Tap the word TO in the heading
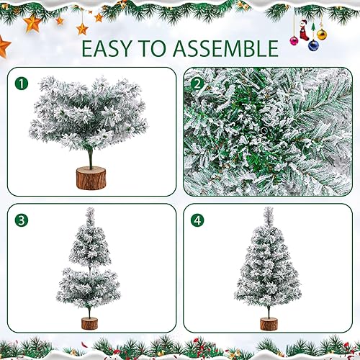tap(161, 49)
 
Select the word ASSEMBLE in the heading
tap(229, 49)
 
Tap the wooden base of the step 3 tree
tap(89, 323)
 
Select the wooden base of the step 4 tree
tap(269, 323)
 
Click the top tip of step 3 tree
tap(90, 211)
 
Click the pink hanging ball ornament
tap(294, 40)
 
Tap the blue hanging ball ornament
tap(313, 45)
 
